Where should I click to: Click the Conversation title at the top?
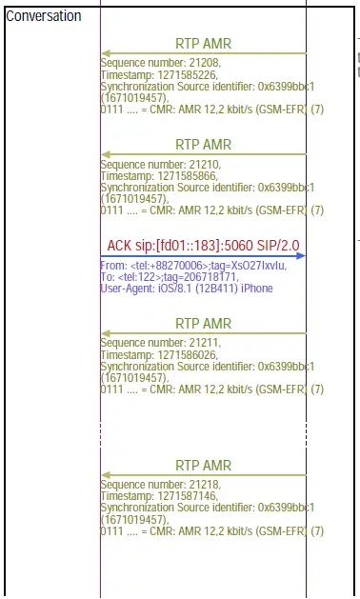(44, 16)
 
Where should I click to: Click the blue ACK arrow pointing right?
(203, 255)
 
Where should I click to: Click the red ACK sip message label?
(203, 245)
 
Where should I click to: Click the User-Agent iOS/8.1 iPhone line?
(186, 289)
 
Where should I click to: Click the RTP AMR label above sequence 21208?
(204, 44)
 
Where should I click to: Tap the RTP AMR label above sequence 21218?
(204, 465)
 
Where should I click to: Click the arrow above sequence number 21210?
(203, 155)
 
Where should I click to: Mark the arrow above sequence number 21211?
(203, 333)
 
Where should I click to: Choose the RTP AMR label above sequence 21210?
(204, 145)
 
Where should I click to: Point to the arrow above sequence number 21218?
(203, 474)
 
